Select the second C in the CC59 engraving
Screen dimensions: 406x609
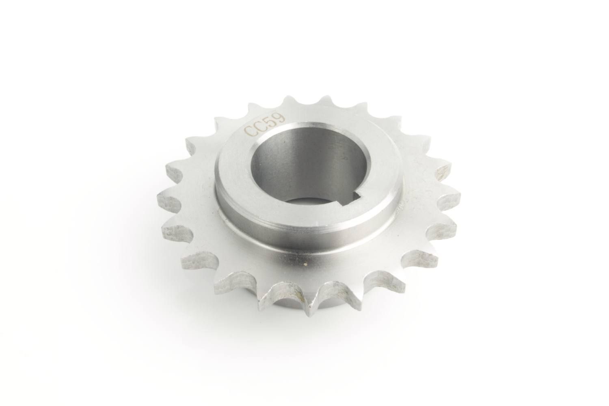258,126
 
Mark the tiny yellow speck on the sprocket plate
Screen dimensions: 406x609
305,265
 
